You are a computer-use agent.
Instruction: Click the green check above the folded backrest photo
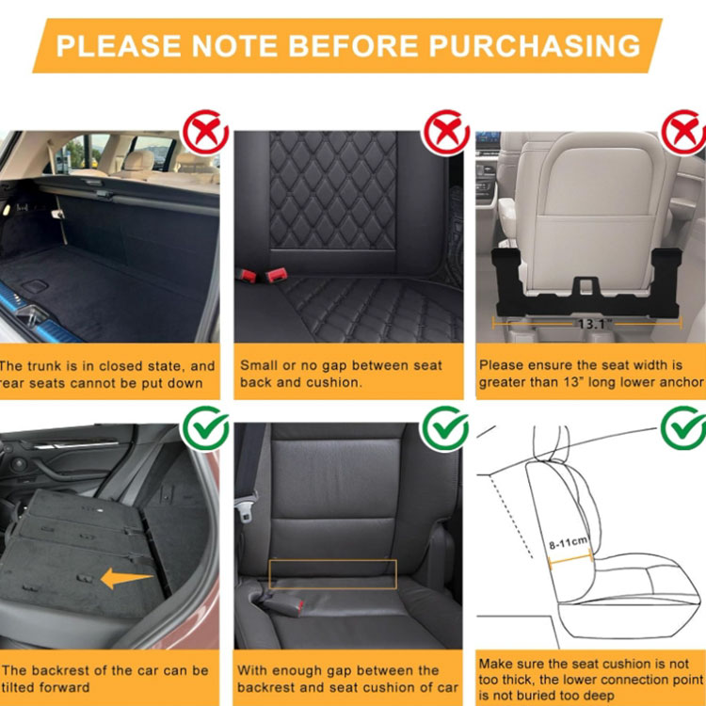pos(205,428)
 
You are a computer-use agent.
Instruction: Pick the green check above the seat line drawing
pos(683,428)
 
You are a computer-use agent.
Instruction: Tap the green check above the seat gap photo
pos(444,428)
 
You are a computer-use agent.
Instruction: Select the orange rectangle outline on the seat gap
pos(332,574)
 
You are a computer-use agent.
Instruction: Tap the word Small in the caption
pos(259,365)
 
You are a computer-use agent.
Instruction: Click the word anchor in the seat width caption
pos(678,382)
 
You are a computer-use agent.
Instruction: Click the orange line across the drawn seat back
pos(569,558)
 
